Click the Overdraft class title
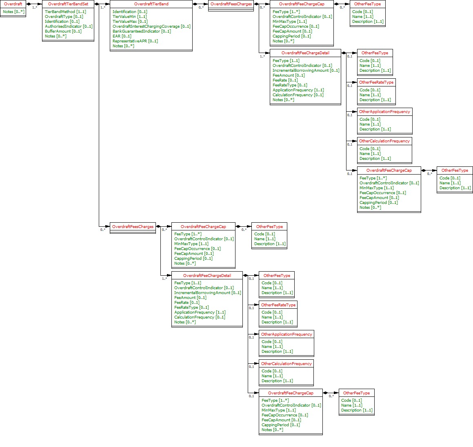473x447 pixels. (x=13, y=4)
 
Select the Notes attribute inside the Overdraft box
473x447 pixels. (x=13, y=12)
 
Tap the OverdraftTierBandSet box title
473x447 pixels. (x=68, y=4)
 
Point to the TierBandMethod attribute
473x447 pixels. (x=65, y=12)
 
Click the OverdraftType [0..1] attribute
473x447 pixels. (x=64, y=17)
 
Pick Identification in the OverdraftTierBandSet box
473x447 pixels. (x=62, y=22)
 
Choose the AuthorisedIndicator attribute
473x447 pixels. (x=69, y=27)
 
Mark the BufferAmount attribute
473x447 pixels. (x=63, y=31)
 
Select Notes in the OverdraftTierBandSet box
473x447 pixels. (x=56, y=36)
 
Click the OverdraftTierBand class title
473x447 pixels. (x=151, y=4)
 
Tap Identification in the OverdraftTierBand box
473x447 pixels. (x=130, y=12)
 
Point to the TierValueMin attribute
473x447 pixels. (x=129, y=17)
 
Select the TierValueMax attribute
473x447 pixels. (x=130, y=22)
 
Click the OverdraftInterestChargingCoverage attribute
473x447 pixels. (x=151, y=27)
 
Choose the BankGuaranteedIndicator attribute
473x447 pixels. (x=142, y=31)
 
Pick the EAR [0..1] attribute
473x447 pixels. (x=122, y=36)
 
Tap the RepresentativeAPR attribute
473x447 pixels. (x=135, y=41)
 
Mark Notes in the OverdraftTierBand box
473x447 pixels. (x=123, y=46)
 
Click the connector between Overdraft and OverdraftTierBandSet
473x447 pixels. (x=34, y=4)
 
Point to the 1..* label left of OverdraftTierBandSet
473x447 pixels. (x=35, y=7)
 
